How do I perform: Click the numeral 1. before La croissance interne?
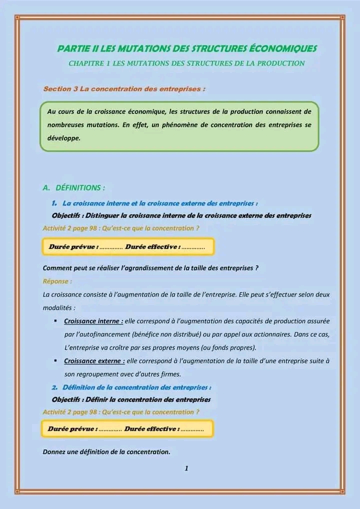(54, 203)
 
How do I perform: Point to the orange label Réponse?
(57, 281)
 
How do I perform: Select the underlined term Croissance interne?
(93, 321)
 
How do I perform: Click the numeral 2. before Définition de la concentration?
(54, 387)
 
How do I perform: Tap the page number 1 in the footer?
(186, 468)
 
